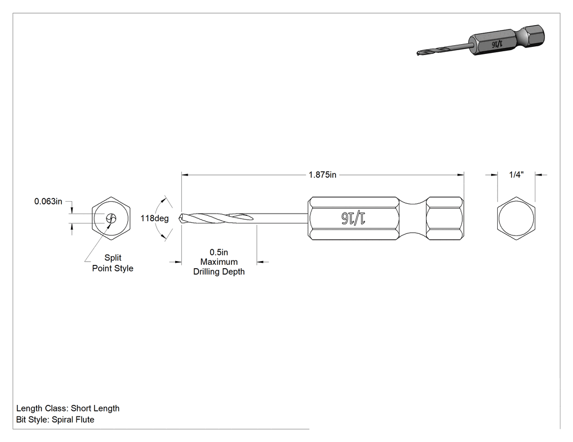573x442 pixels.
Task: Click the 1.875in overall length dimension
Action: (x=323, y=175)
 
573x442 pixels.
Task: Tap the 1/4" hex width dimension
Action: (x=516, y=175)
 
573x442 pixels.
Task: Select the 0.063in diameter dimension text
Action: (x=48, y=201)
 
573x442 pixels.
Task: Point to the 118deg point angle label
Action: (x=154, y=218)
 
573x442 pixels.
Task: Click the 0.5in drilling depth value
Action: (x=218, y=252)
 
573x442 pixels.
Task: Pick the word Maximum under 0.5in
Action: (x=218, y=262)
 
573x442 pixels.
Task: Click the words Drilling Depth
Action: (x=219, y=271)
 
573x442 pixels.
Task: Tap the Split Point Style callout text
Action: (x=112, y=263)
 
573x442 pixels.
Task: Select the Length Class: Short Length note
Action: (x=68, y=408)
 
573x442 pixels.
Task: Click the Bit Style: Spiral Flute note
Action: (x=55, y=420)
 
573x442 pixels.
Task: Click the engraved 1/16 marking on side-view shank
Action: (x=354, y=218)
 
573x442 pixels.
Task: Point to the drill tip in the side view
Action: (x=180, y=218)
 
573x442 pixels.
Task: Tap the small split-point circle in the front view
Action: (x=111, y=219)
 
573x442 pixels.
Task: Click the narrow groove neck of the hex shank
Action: (x=413, y=219)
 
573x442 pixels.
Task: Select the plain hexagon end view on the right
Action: (x=516, y=219)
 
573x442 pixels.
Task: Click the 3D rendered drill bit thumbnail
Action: (x=481, y=40)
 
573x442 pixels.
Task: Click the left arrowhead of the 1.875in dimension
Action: (x=184, y=175)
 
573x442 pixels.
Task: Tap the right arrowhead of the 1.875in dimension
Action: (x=461, y=175)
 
